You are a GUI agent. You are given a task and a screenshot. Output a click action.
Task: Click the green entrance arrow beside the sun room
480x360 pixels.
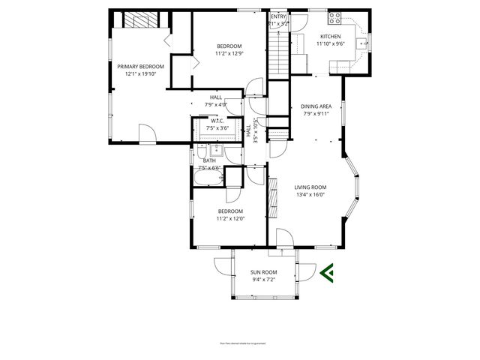tap(326, 272)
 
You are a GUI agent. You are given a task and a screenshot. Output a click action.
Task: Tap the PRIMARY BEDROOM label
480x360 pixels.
tap(140, 66)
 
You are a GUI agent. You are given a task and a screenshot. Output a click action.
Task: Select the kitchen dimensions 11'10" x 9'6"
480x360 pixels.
tap(330, 43)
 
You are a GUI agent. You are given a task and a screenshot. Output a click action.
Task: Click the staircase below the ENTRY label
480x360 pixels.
tap(278, 52)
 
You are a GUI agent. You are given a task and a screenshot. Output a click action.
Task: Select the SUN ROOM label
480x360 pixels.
tap(264, 272)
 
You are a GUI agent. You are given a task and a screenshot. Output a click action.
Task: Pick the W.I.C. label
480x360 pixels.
tap(217, 121)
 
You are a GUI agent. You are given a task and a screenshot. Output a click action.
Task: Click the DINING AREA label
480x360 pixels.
tap(316, 106)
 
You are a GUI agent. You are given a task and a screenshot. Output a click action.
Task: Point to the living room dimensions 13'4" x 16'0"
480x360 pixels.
tap(310, 194)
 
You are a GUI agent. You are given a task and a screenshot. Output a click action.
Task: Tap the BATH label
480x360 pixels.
tap(209, 160)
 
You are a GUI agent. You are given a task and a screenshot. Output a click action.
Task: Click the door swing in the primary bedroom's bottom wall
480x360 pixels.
tap(148, 135)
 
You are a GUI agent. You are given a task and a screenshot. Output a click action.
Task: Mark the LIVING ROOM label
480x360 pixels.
tap(310, 187)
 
